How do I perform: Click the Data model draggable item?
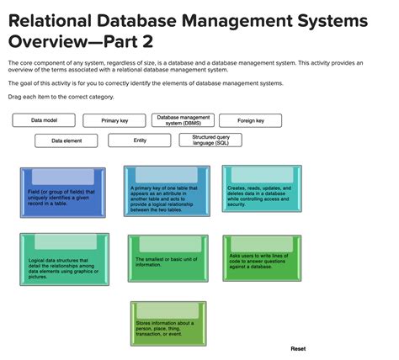point(44,120)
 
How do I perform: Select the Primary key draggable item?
point(114,121)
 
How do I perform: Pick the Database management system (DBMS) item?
point(183,120)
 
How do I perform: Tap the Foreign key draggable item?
point(251,121)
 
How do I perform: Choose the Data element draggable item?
point(66,140)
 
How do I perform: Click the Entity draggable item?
point(139,140)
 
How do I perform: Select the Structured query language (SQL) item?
point(210,140)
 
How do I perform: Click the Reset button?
point(298,348)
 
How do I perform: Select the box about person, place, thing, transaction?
point(168,324)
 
